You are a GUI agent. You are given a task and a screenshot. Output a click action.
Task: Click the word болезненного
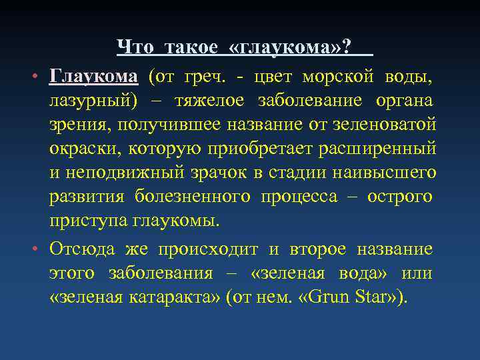pos(193,197)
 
